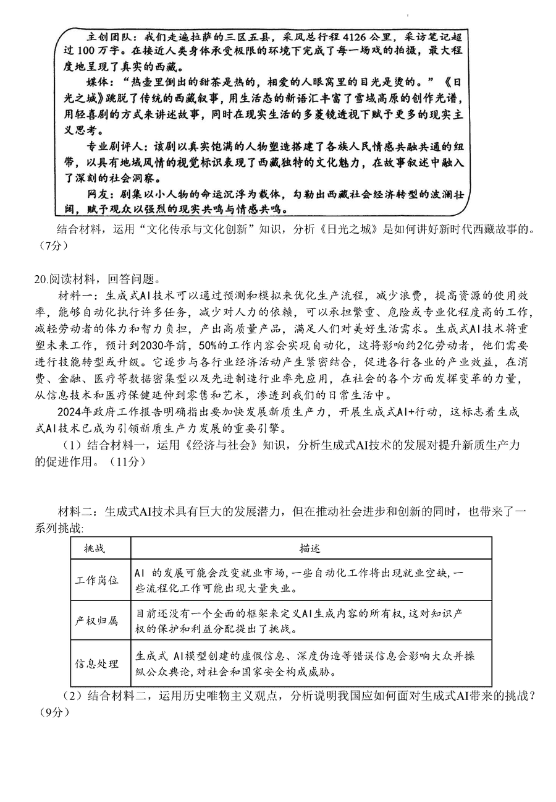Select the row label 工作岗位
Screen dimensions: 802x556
(96, 581)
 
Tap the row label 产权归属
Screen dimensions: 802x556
(96, 621)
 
